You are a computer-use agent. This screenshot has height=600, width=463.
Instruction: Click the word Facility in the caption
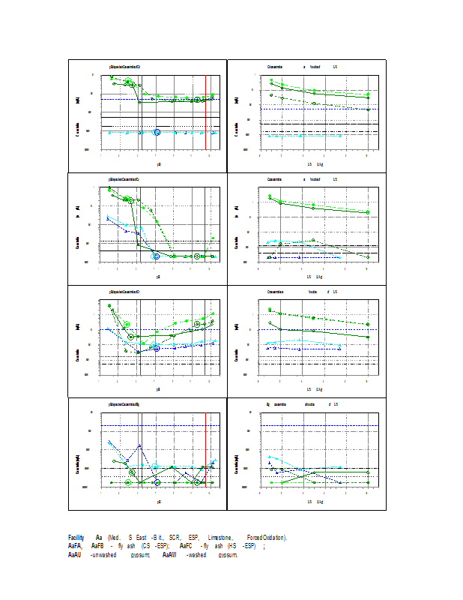[76, 538]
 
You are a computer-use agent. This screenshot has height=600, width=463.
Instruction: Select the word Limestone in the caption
[219, 538]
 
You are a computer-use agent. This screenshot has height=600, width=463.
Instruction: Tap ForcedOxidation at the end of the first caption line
[266, 538]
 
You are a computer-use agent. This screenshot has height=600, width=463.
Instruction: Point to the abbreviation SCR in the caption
[175, 538]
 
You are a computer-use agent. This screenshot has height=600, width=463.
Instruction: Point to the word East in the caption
[141, 538]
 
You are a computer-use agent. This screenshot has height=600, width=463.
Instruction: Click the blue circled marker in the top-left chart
[157, 132]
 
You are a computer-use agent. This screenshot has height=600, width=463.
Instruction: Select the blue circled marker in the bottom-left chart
[157, 482]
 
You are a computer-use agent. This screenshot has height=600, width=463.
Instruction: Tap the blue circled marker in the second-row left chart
[156, 256]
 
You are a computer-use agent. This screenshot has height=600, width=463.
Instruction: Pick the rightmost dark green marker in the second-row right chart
[367, 257]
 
